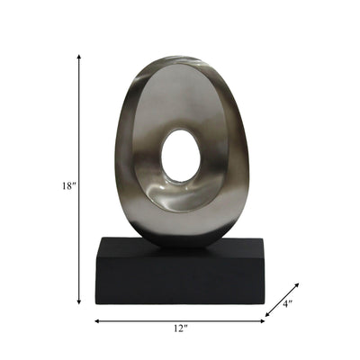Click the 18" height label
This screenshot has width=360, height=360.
point(68,185)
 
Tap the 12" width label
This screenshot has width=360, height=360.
point(180,330)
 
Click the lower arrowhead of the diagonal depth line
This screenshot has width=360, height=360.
point(267,314)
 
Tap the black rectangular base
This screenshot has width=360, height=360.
point(180,279)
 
